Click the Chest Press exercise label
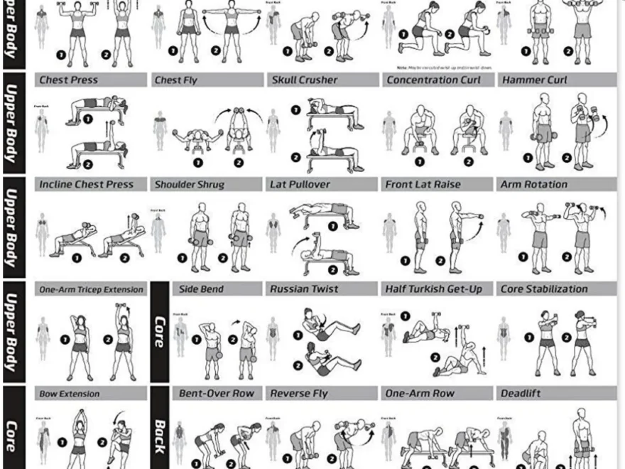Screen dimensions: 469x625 pyautogui.click(x=69, y=80)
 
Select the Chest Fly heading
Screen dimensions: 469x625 pyautogui.click(x=176, y=80)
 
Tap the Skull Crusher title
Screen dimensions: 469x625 pyautogui.click(x=305, y=80)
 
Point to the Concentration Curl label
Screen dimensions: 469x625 pyautogui.click(x=433, y=80)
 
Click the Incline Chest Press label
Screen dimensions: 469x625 pyautogui.click(x=86, y=185)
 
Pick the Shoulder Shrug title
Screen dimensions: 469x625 pyautogui.click(x=190, y=185)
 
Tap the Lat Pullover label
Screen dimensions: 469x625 pyautogui.click(x=300, y=185)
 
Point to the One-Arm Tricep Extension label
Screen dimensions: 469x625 pyautogui.click(x=91, y=289)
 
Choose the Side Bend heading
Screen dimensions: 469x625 pyautogui.click(x=201, y=289)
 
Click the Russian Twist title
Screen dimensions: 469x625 pyautogui.click(x=304, y=289)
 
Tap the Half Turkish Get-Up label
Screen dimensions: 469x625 pyautogui.click(x=433, y=289)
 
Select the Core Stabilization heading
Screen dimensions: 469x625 pyautogui.click(x=544, y=289)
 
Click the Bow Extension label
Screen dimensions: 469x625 pyautogui.click(x=69, y=394)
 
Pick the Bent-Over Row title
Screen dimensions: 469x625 pyautogui.click(x=217, y=394)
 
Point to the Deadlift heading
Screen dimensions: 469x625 pyautogui.click(x=521, y=394)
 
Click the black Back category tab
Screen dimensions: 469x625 pyautogui.click(x=160, y=435)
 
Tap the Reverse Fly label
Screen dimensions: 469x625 pyautogui.click(x=303, y=394)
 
